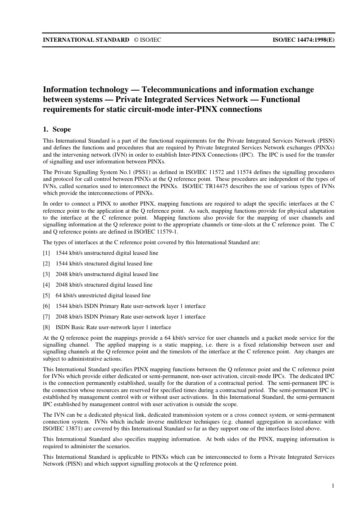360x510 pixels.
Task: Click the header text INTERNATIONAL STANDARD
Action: click(86, 39)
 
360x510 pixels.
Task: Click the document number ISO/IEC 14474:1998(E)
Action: click(304, 39)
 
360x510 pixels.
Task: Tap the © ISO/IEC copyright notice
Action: click(147, 39)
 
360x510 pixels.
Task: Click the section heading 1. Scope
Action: click(57, 129)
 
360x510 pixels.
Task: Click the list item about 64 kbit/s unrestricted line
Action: click(103, 295)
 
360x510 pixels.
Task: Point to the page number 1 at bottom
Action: click(333, 486)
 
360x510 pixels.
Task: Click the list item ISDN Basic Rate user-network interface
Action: click(113, 327)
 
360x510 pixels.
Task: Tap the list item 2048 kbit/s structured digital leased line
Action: click(104, 285)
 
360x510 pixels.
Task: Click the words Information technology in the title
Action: click(86, 89)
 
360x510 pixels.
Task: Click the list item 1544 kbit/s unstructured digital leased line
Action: click(107, 253)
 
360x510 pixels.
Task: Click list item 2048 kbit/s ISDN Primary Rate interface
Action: click(130, 317)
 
